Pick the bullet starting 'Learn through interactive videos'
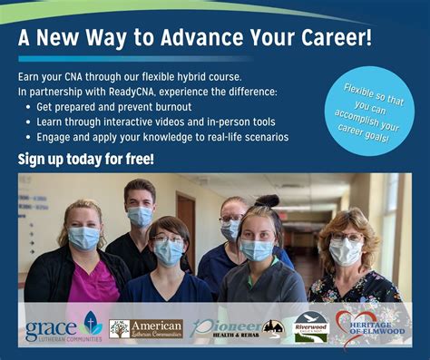coord(144,122)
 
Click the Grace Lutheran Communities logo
coord(63,326)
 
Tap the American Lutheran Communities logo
coord(146,328)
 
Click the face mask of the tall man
coord(141,216)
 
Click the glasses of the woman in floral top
coord(347,237)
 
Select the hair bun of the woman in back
coord(267,200)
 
